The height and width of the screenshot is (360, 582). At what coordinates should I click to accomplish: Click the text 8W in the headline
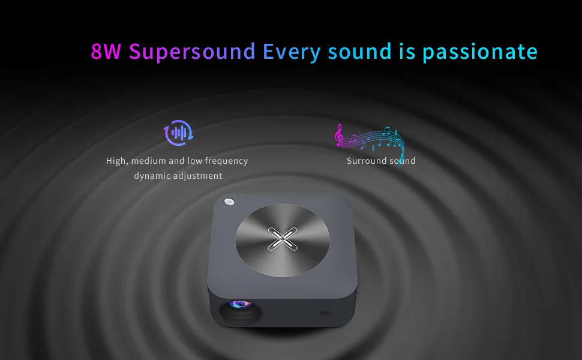click(106, 52)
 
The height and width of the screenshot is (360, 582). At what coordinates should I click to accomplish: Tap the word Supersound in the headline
click(192, 52)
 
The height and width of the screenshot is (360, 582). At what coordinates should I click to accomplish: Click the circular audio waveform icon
click(178, 133)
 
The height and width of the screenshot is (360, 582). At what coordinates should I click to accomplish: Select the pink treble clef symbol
click(340, 136)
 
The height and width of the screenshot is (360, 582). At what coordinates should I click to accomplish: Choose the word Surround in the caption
click(365, 161)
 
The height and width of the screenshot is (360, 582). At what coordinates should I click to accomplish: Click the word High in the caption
click(116, 161)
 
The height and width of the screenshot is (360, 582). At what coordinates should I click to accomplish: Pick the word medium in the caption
click(148, 161)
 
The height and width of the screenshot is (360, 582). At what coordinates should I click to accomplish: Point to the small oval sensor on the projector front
click(325, 313)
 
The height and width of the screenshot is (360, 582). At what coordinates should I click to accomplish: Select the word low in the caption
click(193, 161)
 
